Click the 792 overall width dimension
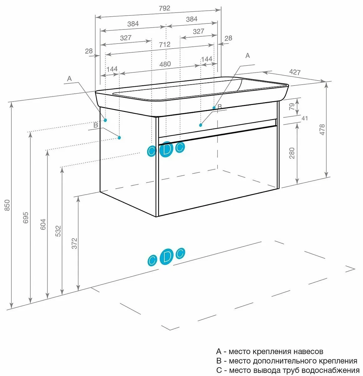pos(164,8)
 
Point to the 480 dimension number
pos(165,64)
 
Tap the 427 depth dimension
pos(294,72)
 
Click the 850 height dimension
pos(8,205)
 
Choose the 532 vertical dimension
pos(58,231)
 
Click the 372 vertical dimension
pos(74,243)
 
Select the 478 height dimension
pos(322,130)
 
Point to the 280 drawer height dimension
pos(292,153)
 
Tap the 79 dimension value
pos(292,106)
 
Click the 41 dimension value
pos(304,118)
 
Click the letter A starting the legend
pos(219,352)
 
